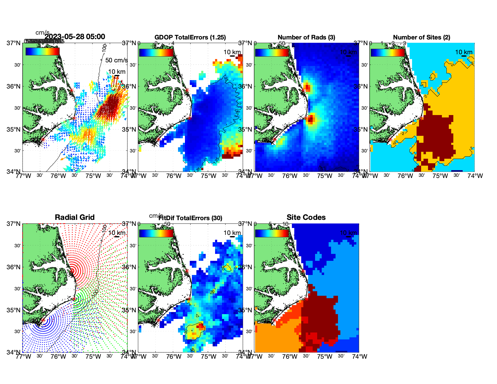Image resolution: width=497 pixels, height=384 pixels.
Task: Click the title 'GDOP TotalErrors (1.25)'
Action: point(190,37)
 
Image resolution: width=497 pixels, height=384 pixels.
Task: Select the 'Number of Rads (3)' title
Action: point(306,37)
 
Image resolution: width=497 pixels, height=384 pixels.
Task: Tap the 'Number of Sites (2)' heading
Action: point(421,37)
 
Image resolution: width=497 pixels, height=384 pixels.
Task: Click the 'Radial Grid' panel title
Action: point(75,217)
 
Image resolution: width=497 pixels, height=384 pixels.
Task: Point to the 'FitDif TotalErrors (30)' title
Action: point(190,218)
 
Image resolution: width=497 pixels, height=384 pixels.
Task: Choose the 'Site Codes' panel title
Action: point(306,217)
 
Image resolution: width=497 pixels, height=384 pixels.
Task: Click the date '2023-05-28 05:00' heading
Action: point(75,37)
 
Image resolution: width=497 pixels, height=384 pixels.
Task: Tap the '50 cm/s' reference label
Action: point(116,60)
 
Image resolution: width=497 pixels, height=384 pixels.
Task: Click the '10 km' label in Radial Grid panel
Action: point(117,233)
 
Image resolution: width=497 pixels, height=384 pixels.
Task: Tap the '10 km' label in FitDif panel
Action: point(232,233)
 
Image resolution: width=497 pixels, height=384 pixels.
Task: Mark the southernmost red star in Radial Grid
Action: point(43,320)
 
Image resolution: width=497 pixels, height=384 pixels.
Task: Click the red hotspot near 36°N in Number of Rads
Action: point(307,88)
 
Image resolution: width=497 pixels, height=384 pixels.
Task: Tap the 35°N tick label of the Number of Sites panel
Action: point(362,130)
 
